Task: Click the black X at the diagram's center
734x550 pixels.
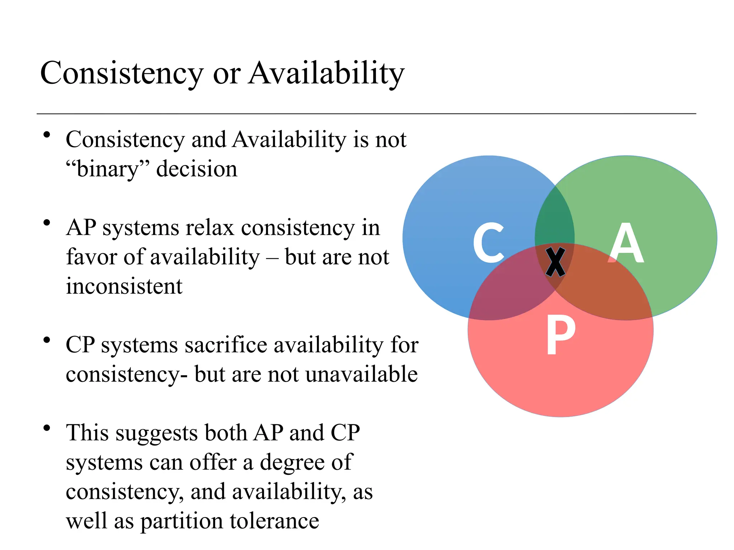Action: click(x=555, y=262)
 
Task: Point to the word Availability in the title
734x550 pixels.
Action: click(x=327, y=73)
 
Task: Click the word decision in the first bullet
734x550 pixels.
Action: click(x=197, y=169)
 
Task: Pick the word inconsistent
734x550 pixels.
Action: click(x=124, y=286)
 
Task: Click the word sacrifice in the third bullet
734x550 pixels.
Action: click(x=226, y=345)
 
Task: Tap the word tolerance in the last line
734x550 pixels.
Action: click(x=274, y=521)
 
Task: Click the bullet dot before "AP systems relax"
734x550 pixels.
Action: click(x=46, y=223)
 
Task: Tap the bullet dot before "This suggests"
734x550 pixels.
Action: click(x=46, y=428)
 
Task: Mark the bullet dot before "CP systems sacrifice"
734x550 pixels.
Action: click(x=46, y=340)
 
